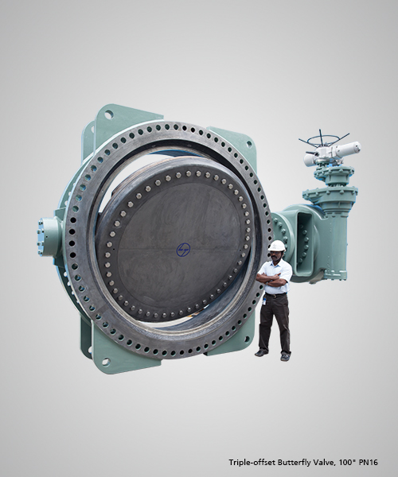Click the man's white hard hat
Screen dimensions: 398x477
(278, 245)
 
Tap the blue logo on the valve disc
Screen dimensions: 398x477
(183, 249)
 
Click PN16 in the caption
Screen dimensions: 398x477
(369, 463)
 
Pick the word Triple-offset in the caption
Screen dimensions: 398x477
(252, 463)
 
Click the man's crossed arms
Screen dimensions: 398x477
(272, 279)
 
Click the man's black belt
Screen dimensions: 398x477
(276, 295)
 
